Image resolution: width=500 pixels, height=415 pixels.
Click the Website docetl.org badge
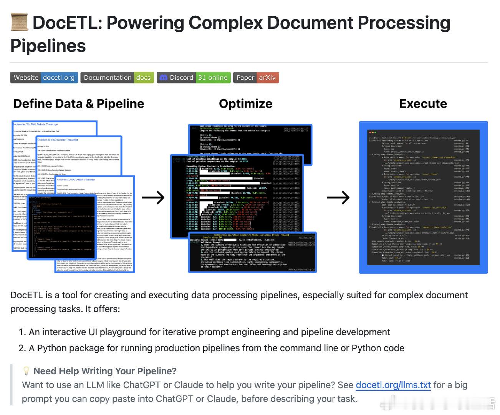pyautogui.click(x=44, y=78)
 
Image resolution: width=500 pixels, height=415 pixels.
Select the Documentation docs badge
pyautogui.click(x=117, y=78)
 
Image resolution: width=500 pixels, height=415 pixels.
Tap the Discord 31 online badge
pyautogui.click(x=194, y=78)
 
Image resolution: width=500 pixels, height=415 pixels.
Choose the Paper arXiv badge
pyautogui.click(x=256, y=78)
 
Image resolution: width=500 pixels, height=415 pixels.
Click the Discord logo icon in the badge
pyautogui.click(x=164, y=78)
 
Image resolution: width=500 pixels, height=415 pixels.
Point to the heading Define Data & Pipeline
pyautogui.click(x=79, y=104)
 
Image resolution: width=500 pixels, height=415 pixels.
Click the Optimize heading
pyautogui.click(x=245, y=104)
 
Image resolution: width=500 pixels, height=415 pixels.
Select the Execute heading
pyautogui.click(x=423, y=104)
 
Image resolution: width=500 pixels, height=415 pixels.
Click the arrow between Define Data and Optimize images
pyautogui.click(x=153, y=198)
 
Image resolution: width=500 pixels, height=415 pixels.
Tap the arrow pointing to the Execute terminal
pyautogui.click(x=338, y=198)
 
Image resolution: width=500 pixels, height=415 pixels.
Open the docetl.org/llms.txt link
pyautogui.click(x=393, y=385)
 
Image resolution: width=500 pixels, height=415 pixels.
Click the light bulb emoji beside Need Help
pyautogui.click(x=26, y=371)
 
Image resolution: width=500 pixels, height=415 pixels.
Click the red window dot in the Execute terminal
pyautogui.click(x=369, y=133)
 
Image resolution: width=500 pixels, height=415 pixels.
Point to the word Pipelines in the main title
pyautogui.click(x=48, y=46)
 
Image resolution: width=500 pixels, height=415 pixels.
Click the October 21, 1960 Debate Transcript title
pyautogui.click(x=58, y=140)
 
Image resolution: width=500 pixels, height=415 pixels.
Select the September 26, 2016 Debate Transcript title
pyautogui.click(x=36, y=124)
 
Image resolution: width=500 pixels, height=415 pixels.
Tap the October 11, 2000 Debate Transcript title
pyautogui.click(x=76, y=180)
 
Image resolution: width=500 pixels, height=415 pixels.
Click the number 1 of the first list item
pyautogui.click(x=22, y=332)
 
